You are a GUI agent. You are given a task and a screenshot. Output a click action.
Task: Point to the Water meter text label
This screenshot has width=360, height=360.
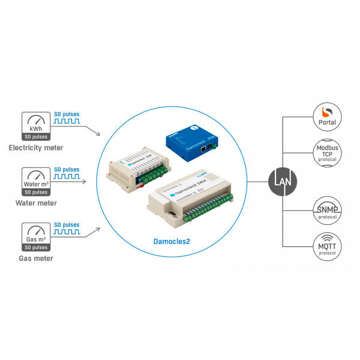36,203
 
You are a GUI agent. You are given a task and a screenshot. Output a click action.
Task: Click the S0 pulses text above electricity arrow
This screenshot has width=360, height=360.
67,113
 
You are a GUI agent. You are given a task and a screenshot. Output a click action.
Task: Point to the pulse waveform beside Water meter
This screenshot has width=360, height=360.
67,178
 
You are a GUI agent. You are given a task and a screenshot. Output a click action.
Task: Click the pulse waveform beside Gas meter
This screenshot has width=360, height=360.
67,233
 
